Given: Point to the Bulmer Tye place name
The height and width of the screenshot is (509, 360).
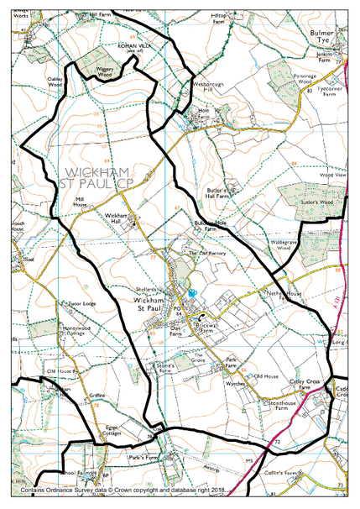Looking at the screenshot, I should tap(326, 39).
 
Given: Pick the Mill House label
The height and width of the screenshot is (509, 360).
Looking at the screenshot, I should tap(80, 202).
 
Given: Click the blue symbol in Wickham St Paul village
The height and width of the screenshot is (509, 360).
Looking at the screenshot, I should tap(192, 293).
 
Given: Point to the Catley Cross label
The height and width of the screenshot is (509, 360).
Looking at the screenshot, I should tap(307, 382).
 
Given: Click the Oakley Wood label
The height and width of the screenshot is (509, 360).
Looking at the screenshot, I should tap(55, 81).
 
